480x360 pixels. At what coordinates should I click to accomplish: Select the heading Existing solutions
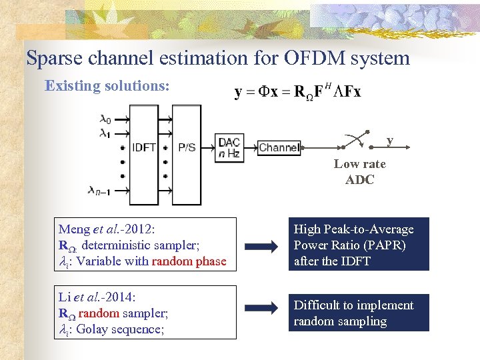pyautogui.click(x=107, y=86)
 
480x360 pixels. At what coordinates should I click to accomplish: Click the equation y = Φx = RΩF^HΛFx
pyautogui.click(x=297, y=92)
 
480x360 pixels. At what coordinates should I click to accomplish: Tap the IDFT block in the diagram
pyautogui.click(x=145, y=147)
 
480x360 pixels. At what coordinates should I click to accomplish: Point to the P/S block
pyautogui.click(x=187, y=147)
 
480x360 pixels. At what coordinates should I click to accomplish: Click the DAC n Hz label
pyautogui.click(x=229, y=147)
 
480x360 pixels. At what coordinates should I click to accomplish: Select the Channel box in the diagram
pyautogui.click(x=279, y=147)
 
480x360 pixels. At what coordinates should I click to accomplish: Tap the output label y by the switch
pyautogui.click(x=390, y=140)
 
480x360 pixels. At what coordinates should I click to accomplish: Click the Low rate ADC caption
pyautogui.click(x=360, y=171)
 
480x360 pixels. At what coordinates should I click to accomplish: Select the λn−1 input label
pyautogui.click(x=101, y=190)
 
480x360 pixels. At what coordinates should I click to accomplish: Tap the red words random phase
pyautogui.click(x=189, y=261)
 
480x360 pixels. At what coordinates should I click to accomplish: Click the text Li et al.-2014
pyautogui.click(x=99, y=297)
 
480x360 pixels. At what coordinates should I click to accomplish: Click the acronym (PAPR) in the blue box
pyautogui.click(x=382, y=245)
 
